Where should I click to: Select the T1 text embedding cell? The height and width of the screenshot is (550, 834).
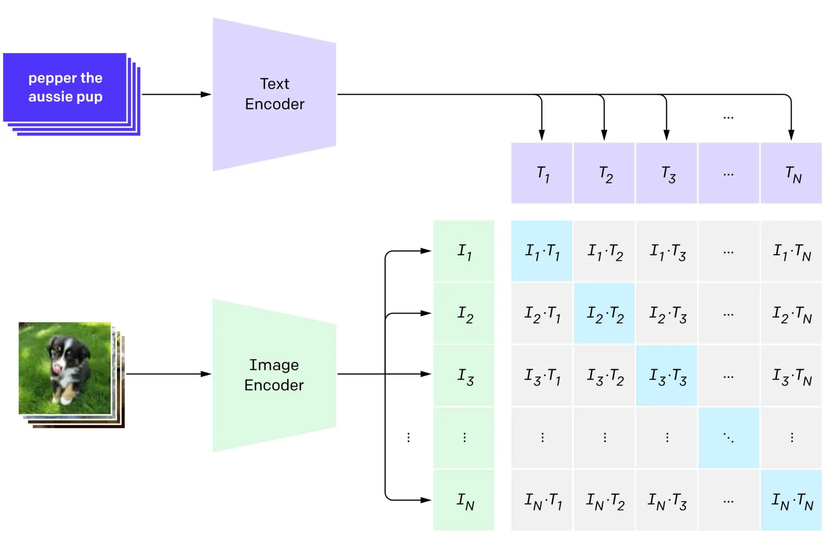click(542, 173)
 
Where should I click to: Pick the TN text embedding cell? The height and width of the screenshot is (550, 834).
click(792, 173)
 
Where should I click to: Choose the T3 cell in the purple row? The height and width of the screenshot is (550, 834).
click(667, 173)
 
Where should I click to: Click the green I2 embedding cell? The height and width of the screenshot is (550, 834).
click(464, 314)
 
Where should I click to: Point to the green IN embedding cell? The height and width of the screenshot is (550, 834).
click(464, 501)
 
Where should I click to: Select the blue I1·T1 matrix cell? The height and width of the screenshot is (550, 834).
click(542, 251)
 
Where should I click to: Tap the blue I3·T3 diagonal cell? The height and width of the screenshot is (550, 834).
click(667, 376)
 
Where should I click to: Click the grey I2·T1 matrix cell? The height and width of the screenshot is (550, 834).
click(542, 314)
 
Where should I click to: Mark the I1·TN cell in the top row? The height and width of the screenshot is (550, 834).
click(792, 251)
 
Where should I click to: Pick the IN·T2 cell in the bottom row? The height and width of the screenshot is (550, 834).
click(604, 501)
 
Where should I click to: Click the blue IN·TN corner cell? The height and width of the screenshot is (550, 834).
click(792, 501)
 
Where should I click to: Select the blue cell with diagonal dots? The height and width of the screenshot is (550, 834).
click(729, 438)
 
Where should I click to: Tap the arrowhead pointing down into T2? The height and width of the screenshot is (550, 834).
click(604, 135)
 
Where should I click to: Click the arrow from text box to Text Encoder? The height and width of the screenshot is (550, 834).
click(176, 94)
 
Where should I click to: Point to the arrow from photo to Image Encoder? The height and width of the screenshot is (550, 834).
click(168, 374)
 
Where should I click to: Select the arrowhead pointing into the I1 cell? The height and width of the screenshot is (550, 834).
click(426, 251)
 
